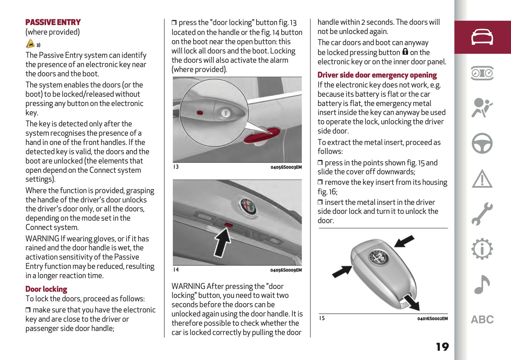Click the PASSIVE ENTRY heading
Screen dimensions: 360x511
coord(53,22)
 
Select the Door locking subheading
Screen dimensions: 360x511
coord(46,289)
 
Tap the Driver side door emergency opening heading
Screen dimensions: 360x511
coord(377,75)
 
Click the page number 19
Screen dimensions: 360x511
coord(442,347)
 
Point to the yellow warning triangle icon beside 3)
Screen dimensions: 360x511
coord(30,44)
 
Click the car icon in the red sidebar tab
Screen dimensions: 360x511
coord(482,37)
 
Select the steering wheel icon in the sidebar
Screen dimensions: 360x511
coord(482,143)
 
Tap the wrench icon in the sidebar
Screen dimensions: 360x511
coord(482,214)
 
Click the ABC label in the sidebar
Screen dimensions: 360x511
coord(482,320)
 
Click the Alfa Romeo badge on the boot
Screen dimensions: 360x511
coord(249,206)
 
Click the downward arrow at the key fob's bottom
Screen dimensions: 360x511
coord(412,302)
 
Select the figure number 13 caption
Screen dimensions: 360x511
coord(176,167)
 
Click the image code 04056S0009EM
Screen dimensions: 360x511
coord(286,270)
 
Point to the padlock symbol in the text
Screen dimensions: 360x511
coord(405,52)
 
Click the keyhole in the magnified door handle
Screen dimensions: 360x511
coord(225,113)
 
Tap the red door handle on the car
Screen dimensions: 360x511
coord(262,135)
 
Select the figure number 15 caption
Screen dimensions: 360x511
coord(322,318)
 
